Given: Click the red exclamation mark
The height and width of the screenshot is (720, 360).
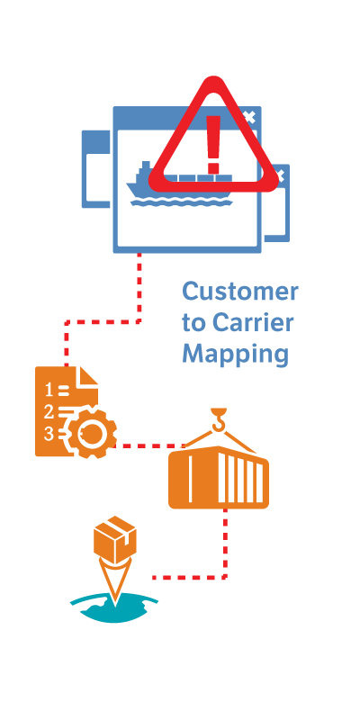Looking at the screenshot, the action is tap(213, 145).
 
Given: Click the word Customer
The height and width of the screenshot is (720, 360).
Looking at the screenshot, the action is tap(240, 292).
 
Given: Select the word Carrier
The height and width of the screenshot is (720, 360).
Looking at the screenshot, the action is tap(253, 323).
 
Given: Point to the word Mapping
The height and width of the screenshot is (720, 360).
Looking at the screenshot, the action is tap(236, 355).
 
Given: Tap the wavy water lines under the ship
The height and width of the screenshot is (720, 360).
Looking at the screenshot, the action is tap(181, 202).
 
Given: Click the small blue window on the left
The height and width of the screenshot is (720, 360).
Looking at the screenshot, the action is tap(96, 169).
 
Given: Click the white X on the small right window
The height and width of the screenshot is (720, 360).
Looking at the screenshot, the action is tap(281, 175).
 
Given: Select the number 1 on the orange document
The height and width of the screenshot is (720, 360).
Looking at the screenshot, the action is tap(49, 391).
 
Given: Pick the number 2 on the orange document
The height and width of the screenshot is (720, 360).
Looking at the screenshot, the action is tap(49, 412).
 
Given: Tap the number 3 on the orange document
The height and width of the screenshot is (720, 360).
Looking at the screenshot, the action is tap(49, 435).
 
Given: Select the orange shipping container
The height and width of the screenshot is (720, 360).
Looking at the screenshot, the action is tap(219, 478).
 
